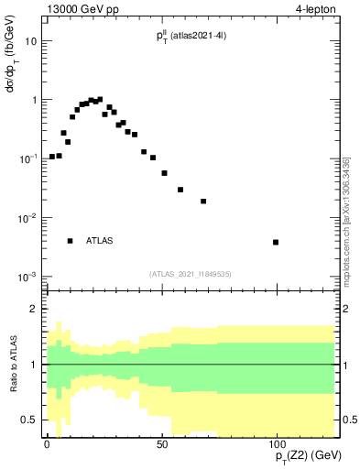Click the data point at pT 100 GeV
(276, 242)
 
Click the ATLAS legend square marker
(70, 241)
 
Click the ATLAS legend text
(100, 241)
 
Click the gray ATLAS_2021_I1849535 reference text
(191, 273)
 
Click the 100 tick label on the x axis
(276, 444)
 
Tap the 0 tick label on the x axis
(47, 444)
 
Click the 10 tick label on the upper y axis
(31, 41)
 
